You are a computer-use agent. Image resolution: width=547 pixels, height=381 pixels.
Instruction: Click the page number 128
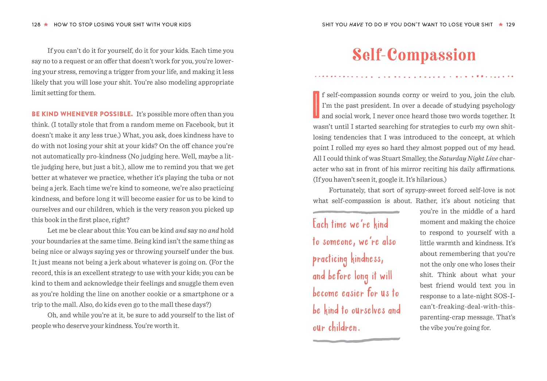point(36,25)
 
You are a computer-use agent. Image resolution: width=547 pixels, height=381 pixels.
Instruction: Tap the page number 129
point(511,25)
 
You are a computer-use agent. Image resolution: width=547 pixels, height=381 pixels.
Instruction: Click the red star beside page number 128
point(46,25)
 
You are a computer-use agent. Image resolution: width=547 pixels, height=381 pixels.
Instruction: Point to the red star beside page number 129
point(501,25)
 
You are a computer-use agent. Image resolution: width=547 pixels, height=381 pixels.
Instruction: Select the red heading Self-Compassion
point(414,55)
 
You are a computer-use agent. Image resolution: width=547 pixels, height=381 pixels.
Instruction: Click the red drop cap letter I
point(316,105)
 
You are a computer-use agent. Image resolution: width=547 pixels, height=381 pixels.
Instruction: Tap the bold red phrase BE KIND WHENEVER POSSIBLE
point(82,114)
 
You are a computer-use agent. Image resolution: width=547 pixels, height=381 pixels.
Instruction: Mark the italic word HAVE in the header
point(356,25)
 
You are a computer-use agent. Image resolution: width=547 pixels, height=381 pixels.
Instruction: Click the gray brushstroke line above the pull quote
point(356,212)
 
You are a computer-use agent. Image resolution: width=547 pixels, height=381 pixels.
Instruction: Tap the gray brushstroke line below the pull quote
point(356,340)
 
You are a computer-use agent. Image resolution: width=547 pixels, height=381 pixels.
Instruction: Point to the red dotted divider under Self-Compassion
point(414,77)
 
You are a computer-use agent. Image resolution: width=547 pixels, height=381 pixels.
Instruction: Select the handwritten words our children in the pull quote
point(336,327)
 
